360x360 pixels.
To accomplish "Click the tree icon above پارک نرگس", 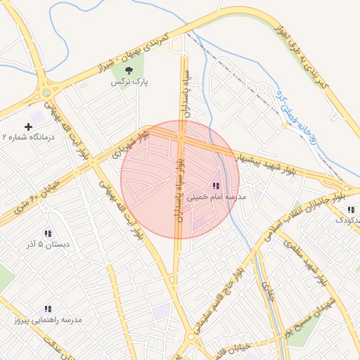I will (129, 70).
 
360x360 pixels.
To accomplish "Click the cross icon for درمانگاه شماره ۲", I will (28, 127).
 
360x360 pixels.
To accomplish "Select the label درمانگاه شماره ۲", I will (28, 137).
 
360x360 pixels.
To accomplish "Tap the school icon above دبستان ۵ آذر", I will (48, 233).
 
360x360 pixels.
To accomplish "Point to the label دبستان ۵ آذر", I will (48, 245).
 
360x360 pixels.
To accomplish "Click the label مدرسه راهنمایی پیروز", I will (48, 320).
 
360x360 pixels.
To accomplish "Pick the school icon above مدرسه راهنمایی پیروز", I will (48, 309).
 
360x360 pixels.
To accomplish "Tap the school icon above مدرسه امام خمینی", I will (215, 186).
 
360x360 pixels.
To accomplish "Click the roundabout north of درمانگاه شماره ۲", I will (47, 92).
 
